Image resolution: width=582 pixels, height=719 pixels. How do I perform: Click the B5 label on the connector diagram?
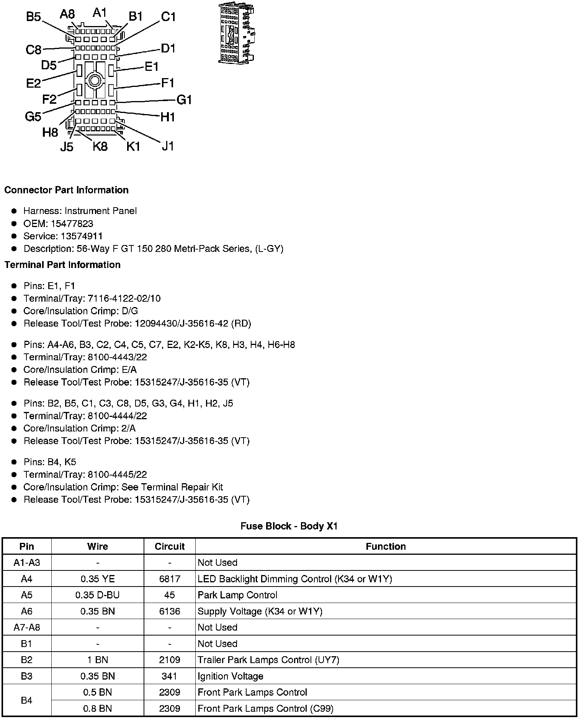click(33, 17)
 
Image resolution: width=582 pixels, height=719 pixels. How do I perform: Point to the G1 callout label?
click(184, 100)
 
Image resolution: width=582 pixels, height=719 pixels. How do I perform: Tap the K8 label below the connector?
click(100, 146)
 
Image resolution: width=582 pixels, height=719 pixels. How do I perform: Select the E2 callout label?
click(33, 83)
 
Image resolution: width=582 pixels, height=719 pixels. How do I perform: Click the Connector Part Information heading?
click(66, 190)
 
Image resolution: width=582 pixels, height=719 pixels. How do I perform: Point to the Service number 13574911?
click(82, 236)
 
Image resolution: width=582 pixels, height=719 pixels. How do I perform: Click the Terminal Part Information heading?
click(62, 265)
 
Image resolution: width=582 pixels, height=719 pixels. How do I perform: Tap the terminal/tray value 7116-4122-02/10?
click(124, 298)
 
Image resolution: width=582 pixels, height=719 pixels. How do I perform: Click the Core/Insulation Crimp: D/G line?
click(81, 311)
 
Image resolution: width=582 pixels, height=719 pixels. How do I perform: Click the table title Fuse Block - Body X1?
click(289, 526)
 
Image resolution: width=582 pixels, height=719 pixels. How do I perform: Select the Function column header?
click(386, 546)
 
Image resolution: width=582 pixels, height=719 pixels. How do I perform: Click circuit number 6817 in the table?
click(170, 579)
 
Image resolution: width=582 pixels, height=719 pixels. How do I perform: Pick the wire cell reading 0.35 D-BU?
click(98, 595)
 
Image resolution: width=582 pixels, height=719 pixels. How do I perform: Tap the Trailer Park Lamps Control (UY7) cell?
click(268, 660)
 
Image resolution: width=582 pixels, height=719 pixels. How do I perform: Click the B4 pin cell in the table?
click(26, 700)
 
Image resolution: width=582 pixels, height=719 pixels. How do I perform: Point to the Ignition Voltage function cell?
click(231, 676)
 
